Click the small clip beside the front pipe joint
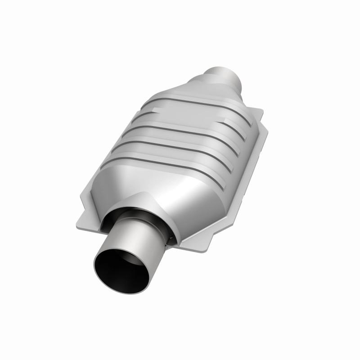pos(170,237)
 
